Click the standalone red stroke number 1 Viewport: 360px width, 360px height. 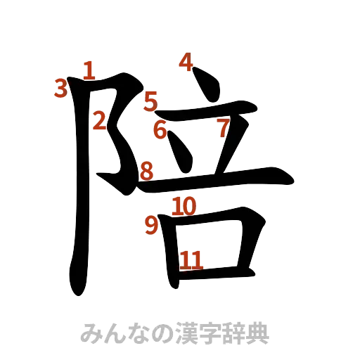point(89,69)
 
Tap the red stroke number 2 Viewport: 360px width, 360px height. point(100,121)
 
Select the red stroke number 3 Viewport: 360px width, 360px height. point(61,88)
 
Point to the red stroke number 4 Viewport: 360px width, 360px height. point(186,62)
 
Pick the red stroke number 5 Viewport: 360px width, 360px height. point(150,101)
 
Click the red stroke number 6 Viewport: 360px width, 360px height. point(160,130)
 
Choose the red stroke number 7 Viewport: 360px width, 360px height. point(223,129)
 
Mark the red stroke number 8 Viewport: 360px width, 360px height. point(146,170)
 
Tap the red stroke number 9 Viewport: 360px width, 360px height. point(151,225)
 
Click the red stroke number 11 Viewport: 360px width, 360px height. point(191,260)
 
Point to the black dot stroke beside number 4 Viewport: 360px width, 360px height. point(207,82)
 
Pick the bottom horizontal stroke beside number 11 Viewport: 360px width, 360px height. point(218,269)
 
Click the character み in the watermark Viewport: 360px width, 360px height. point(90,331)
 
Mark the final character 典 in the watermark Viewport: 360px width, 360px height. point(258,331)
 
